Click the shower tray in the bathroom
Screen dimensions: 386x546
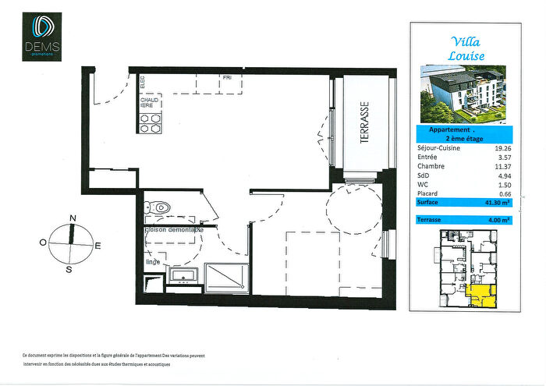[226, 278]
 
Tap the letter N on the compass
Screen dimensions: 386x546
[73, 218]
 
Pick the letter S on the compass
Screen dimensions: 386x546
[69, 269]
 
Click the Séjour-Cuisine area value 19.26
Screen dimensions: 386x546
[500, 147]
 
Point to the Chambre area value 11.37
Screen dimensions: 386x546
[500, 166]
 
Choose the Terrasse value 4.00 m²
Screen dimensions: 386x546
[500, 220]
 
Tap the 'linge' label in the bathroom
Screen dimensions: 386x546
[153, 262]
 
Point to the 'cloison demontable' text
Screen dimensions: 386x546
[173, 230]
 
